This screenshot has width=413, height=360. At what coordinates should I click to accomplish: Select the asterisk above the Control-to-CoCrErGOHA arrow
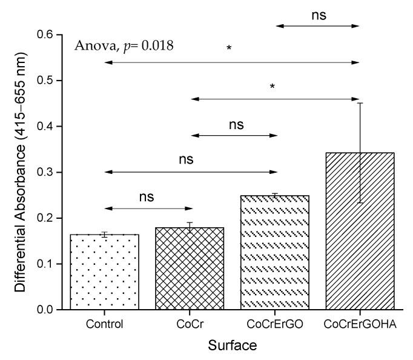[x=229, y=48]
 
